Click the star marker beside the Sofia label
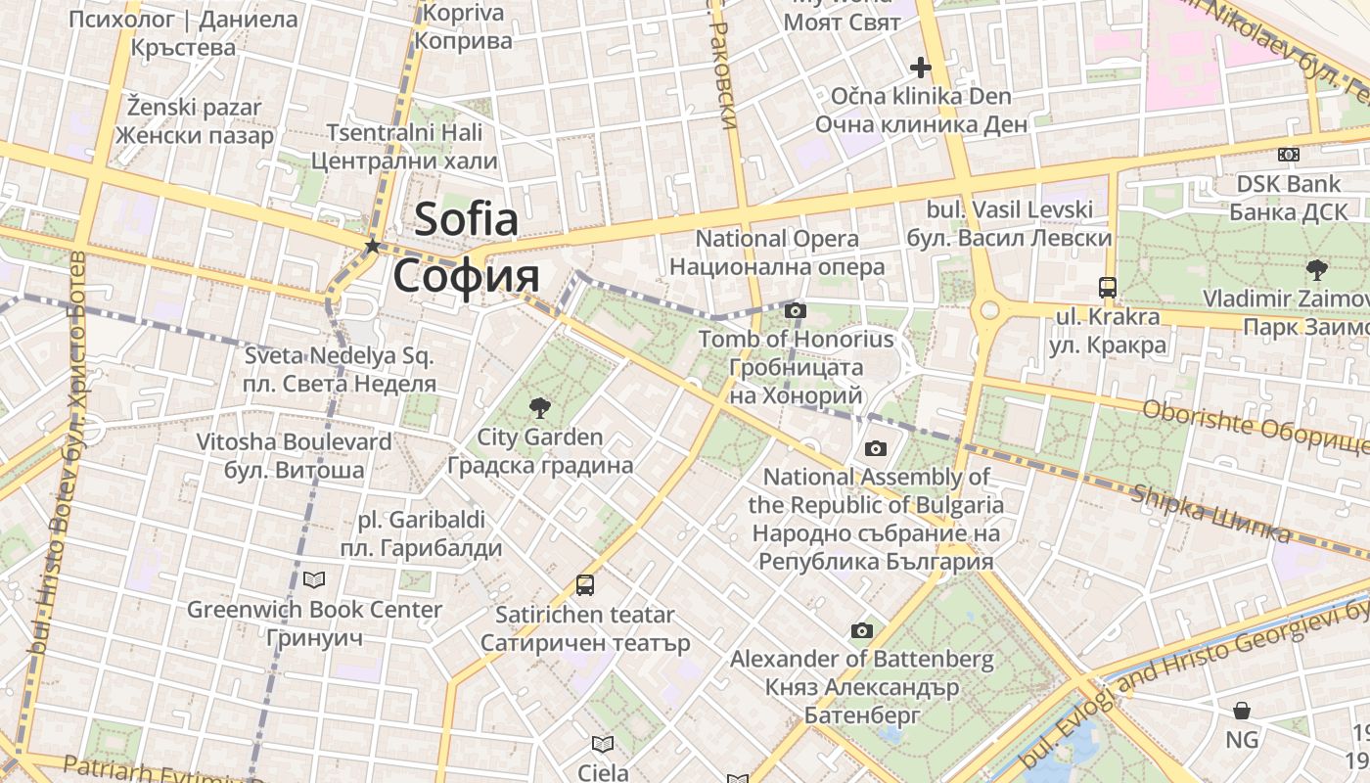coord(372,246)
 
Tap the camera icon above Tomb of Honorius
coord(796,310)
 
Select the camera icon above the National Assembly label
coord(876,448)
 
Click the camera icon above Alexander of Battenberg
coord(862,630)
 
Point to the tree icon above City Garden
coord(538,407)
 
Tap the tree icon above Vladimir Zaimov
coord(1316,269)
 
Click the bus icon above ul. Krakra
coord(1108,288)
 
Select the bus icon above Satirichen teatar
coord(585,585)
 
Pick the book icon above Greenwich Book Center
coord(314,580)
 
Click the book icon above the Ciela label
coord(603,744)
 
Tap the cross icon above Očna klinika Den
coord(920,68)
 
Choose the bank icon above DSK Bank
coord(1289,154)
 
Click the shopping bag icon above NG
coord(1242,710)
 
